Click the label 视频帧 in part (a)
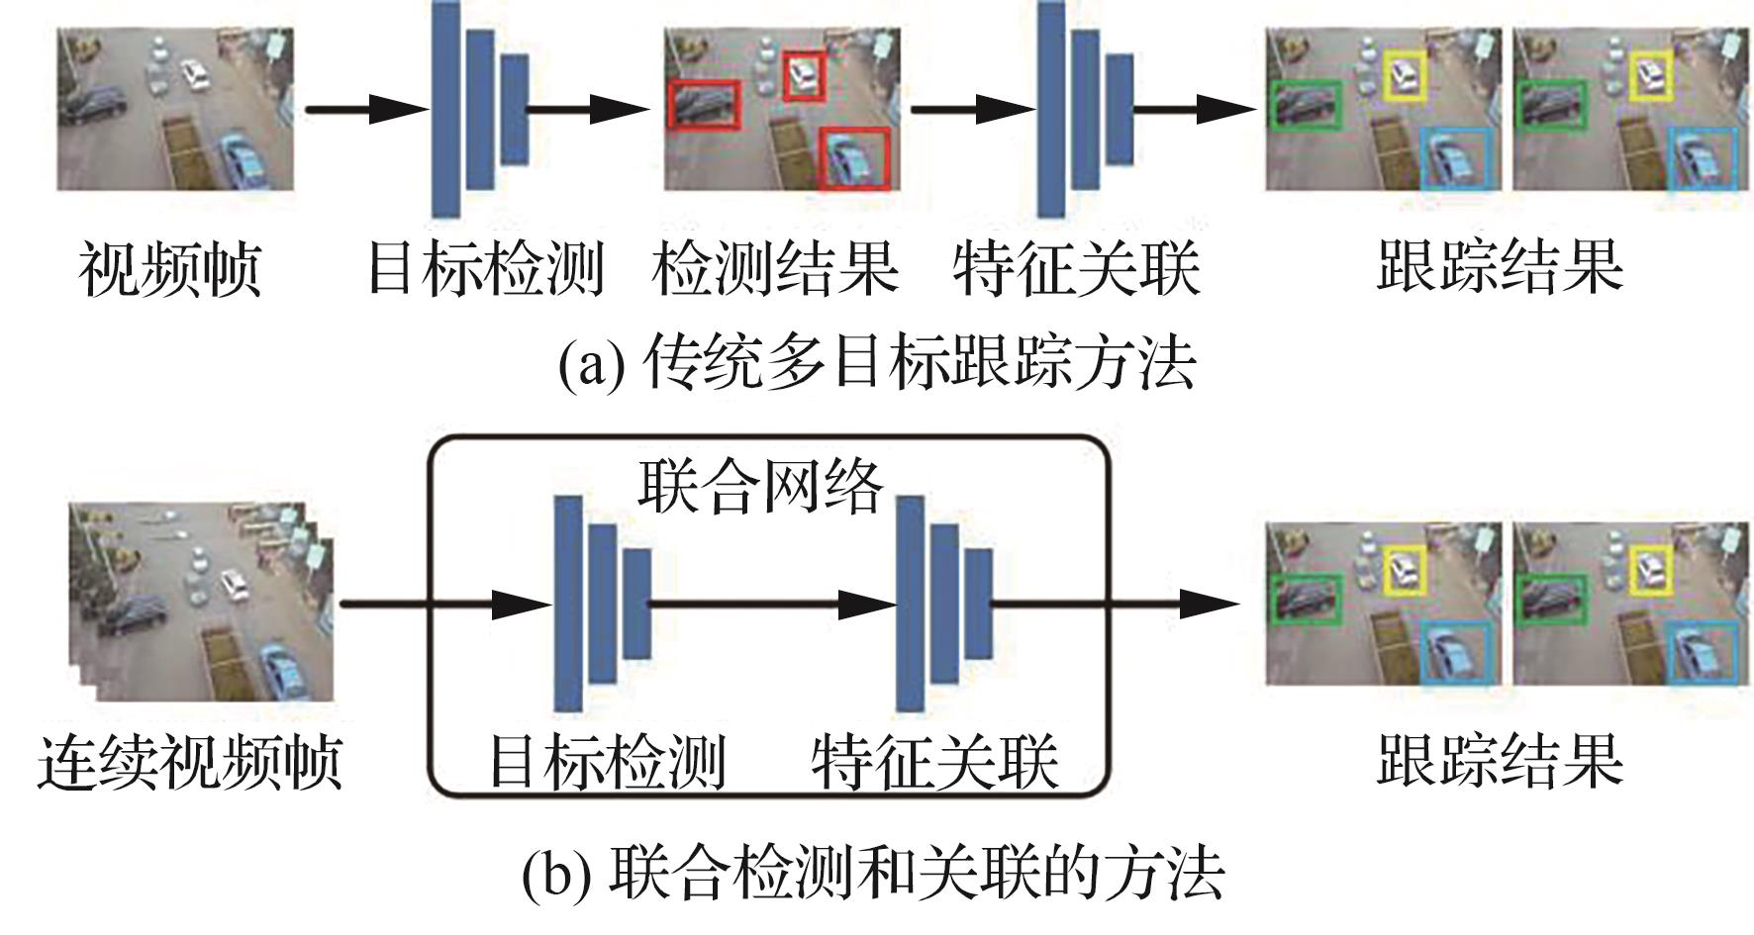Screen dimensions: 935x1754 (x=169, y=268)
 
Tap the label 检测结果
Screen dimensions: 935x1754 (x=775, y=268)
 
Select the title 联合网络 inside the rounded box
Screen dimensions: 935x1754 (x=759, y=487)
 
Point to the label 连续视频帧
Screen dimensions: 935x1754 (x=189, y=762)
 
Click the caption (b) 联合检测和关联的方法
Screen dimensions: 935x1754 (x=873, y=872)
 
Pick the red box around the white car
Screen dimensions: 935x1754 (x=805, y=77)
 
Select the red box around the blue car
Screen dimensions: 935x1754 (x=854, y=158)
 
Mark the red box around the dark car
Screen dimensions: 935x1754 (x=704, y=104)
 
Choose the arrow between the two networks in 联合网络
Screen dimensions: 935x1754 (x=772, y=604)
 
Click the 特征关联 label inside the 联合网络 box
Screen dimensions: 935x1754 (x=934, y=762)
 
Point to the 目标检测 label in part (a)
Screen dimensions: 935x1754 (x=485, y=268)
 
